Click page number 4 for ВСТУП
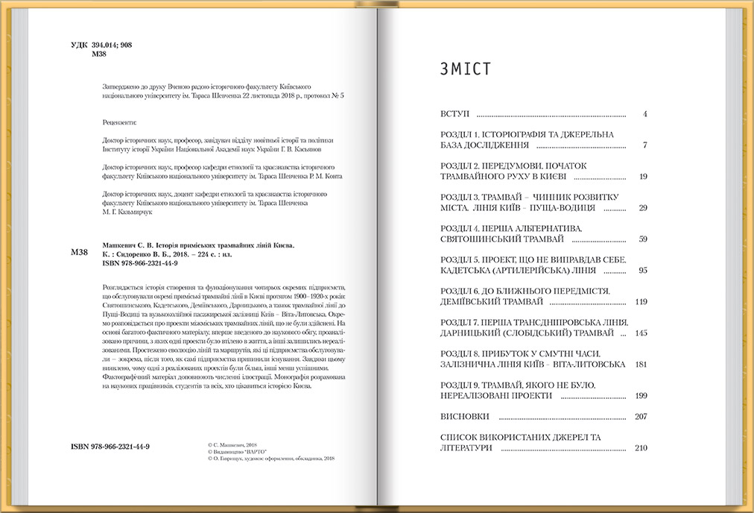point(644,115)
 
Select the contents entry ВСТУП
point(455,115)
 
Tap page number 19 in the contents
point(642,177)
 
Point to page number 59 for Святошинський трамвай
point(642,239)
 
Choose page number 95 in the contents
point(642,271)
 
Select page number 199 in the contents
point(641,396)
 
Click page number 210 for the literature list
point(641,448)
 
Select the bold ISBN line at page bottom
point(110,446)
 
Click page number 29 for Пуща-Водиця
point(642,208)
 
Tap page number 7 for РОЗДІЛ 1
point(644,145)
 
